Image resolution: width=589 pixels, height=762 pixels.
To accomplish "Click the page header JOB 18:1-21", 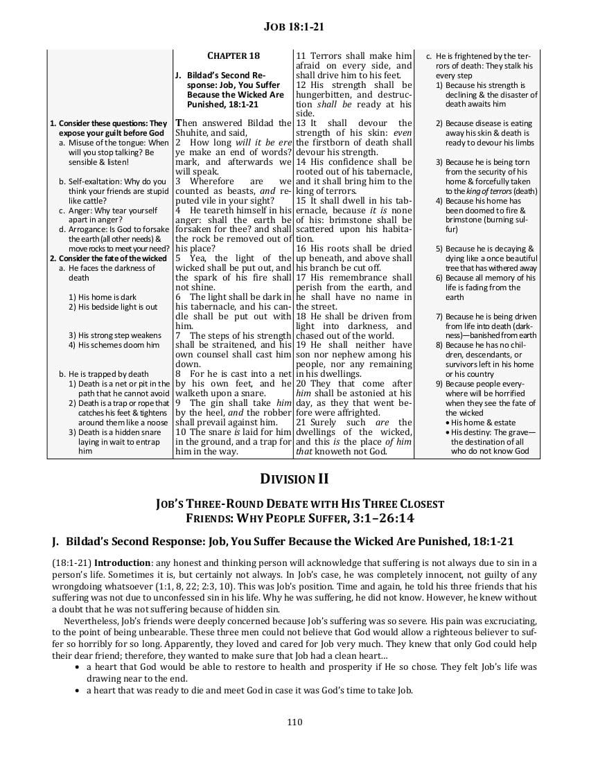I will (x=294, y=27).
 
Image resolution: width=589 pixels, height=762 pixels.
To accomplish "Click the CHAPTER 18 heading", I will (x=234, y=55).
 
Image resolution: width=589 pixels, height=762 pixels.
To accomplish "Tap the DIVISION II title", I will (x=294, y=479).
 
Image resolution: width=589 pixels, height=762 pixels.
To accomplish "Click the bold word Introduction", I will (x=121, y=562).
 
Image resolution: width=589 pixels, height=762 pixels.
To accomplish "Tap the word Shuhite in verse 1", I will (x=193, y=133).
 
